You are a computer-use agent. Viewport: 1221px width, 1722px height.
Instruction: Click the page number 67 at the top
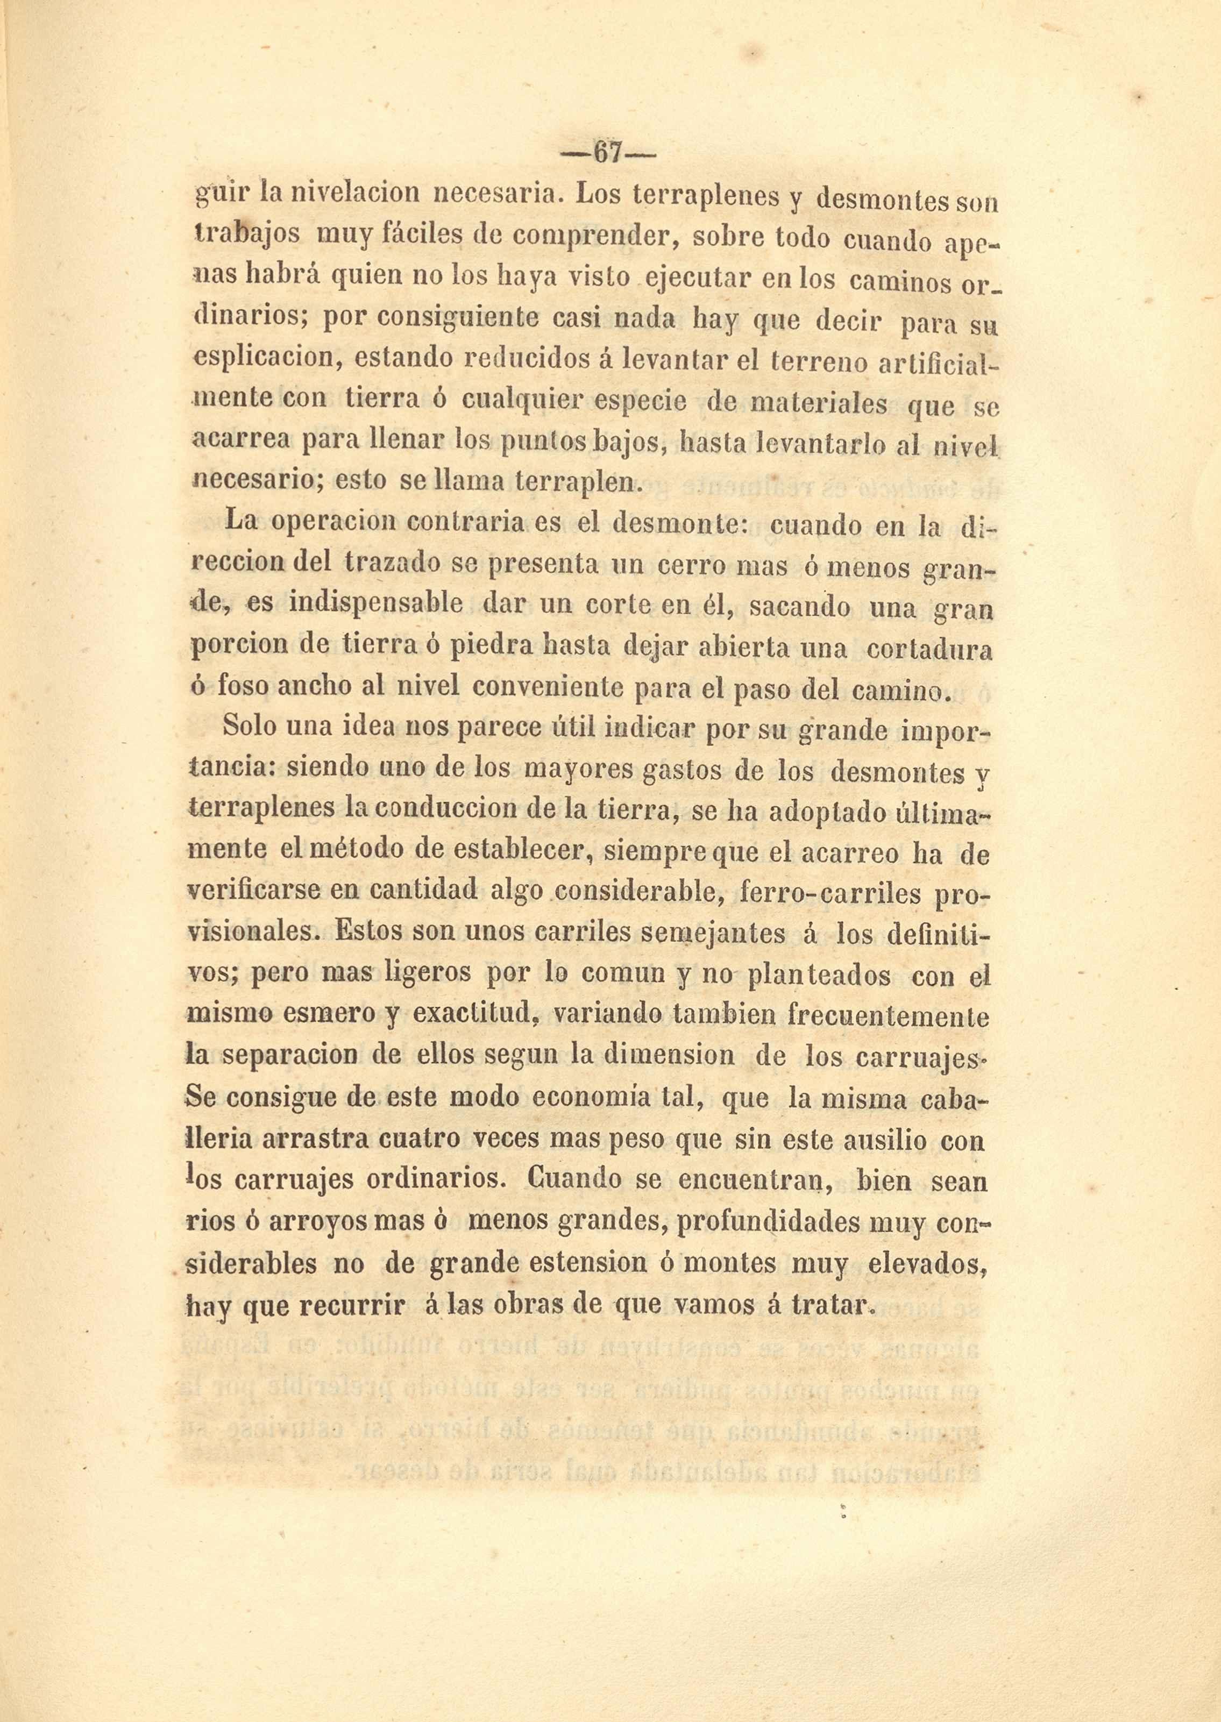(609, 154)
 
